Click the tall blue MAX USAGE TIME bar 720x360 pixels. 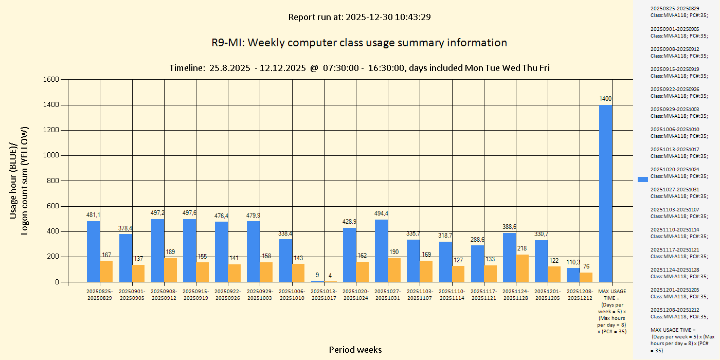(x=605, y=193)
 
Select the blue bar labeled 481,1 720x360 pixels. (x=94, y=251)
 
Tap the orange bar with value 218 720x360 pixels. (x=522, y=268)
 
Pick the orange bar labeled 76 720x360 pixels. (x=586, y=277)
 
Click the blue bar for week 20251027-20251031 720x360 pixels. (x=382, y=250)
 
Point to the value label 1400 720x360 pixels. (x=605, y=98)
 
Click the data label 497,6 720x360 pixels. (x=190, y=213)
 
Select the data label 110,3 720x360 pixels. (x=573, y=262)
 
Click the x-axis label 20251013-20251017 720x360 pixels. (x=325, y=295)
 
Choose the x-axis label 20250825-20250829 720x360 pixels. (x=100, y=295)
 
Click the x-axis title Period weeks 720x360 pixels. (x=355, y=350)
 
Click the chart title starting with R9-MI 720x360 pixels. (x=359, y=43)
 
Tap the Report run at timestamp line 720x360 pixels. (x=359, y=17)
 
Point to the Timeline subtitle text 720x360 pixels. (x=359, y=68)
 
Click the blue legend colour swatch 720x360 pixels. (x=643, y=179)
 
